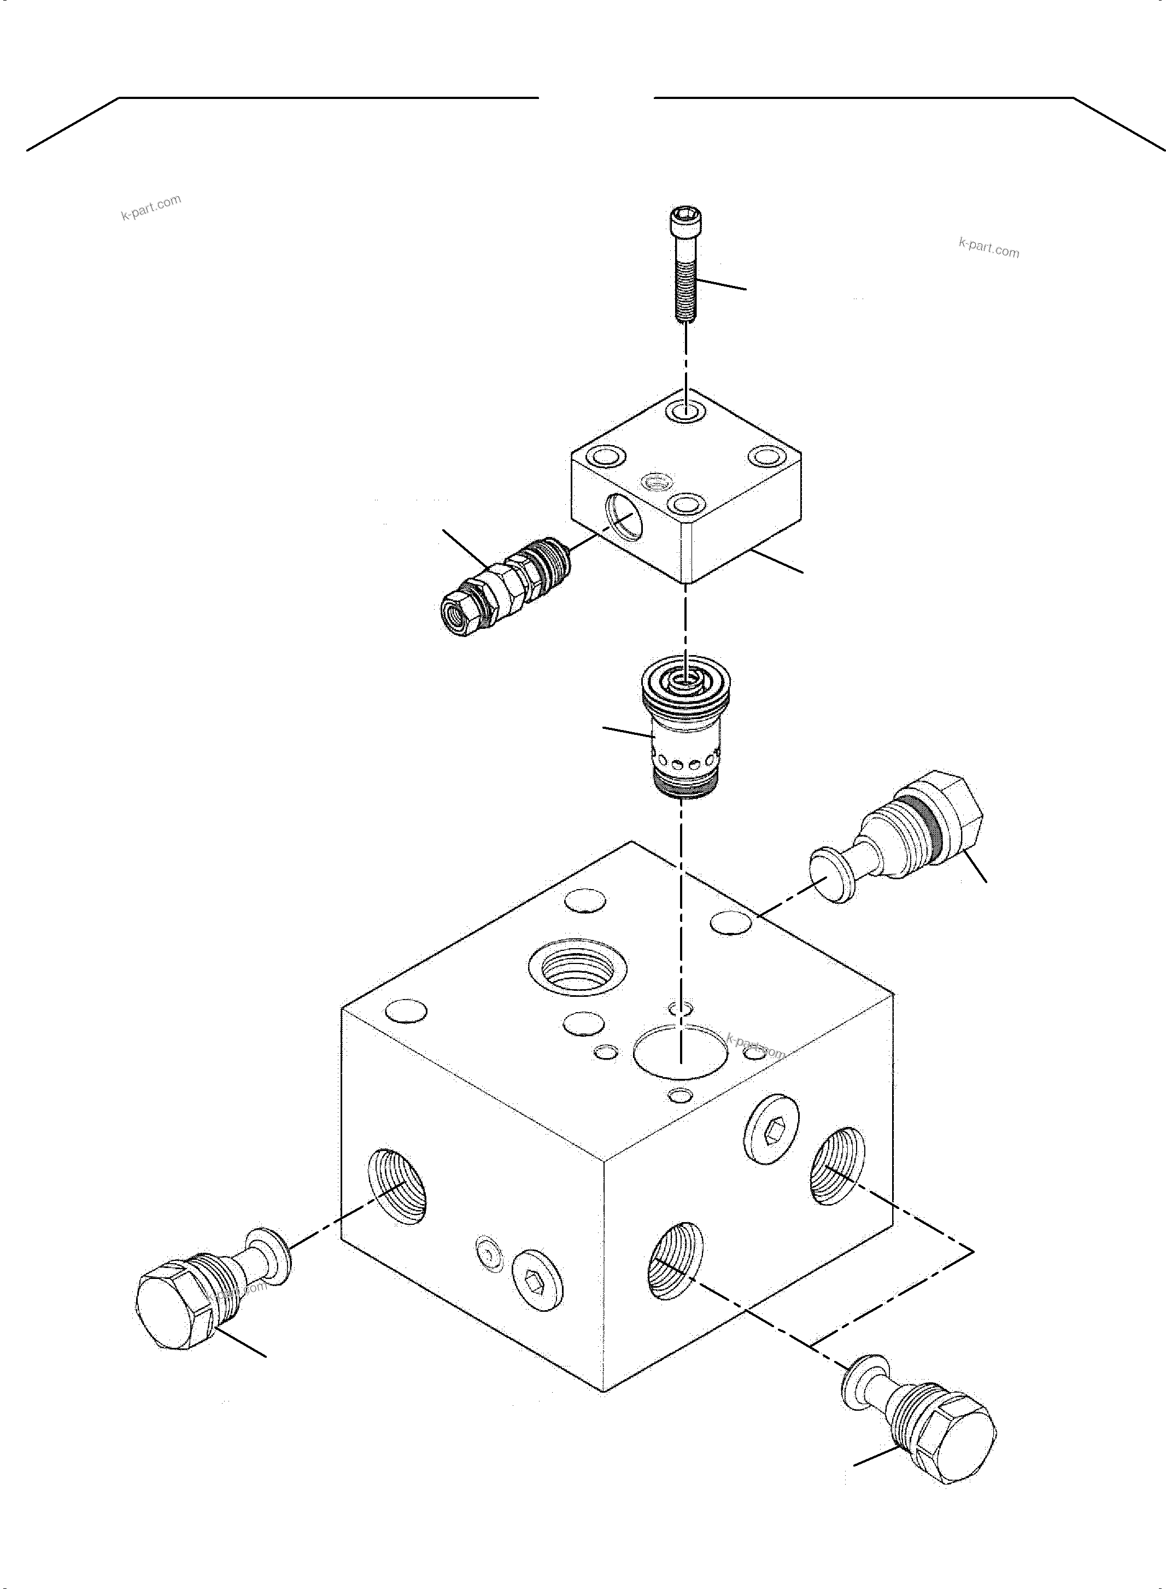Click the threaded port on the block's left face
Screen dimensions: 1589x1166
tap(397, 1185)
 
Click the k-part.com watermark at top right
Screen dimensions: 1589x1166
tap(989, 248)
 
